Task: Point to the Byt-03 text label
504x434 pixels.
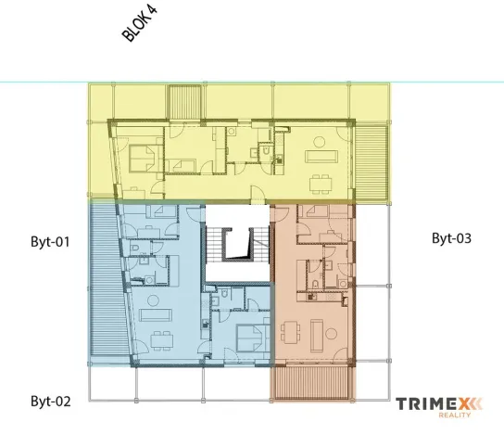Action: (451, 238)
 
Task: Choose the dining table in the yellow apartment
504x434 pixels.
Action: (322, 179)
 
